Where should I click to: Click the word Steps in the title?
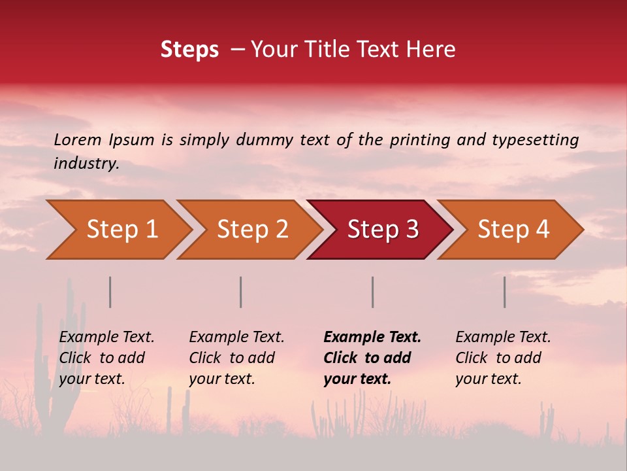pos(189,50)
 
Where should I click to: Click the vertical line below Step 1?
pos(110,292)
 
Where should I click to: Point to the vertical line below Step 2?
pos(240,292)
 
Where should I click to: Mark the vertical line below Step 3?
pos(372,292)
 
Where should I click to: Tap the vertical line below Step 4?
pos(504,292)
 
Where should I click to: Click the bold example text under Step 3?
pos(372,358)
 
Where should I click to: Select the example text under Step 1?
pos(106,358)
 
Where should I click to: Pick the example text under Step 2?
pos(236,358)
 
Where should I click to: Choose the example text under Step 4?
pos(502,358)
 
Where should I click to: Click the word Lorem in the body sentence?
pos(78,140)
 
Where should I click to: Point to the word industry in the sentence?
pos(86,164)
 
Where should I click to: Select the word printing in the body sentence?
pos(421,140)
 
